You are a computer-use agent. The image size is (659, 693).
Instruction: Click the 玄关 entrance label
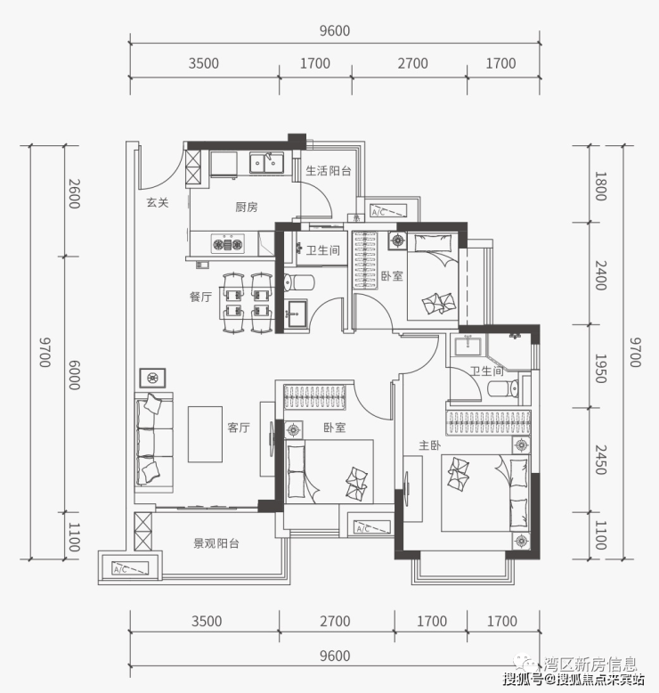click(x=158, y=203)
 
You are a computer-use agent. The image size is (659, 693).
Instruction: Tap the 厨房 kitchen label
click(x=246, y=207)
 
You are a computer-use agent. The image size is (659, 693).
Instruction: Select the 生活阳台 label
click(x=329, y=171)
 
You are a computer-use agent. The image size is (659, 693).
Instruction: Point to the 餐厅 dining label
click(x=200, y=297)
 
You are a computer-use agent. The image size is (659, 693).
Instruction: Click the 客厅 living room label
click(x=239, y=428)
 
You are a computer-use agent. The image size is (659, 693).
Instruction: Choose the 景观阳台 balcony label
click(x=216, y=543)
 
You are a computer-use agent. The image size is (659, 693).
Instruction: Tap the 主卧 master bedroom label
click(x=429, y=445)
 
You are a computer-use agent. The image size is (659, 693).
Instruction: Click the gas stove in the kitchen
click(x=228, y=243)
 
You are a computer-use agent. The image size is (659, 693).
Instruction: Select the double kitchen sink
click(x=266, y=163)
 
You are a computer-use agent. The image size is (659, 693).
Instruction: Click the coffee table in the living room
click(x=205, y=435)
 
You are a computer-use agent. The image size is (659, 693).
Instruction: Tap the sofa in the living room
click(x=154, y=442)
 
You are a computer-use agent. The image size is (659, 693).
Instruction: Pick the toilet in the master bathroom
click(x=503, y=389)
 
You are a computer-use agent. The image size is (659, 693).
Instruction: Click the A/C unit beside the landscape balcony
click(x=130, y=568)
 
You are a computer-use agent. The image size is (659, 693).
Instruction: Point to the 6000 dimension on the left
click(x=74, y=375)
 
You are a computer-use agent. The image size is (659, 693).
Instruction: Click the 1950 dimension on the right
click(x=600, y=368)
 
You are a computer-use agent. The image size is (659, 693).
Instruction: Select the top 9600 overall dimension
click(x=335, y=31)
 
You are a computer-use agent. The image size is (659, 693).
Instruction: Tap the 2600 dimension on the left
click(x=74, y=193)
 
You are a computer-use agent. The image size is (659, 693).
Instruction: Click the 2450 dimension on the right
click(x=600, y=460)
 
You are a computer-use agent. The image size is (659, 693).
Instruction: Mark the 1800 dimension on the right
click(x=600, y=186)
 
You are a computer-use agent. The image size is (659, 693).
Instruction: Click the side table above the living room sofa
click(x=152, y=378)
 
